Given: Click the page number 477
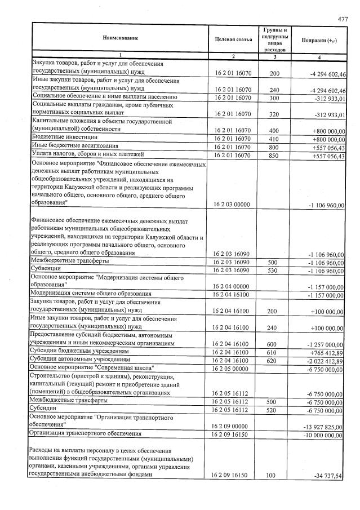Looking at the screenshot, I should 343,19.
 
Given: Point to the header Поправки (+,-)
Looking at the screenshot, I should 319,39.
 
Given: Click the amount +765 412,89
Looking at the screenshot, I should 326,352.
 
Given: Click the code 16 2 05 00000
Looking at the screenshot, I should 232,369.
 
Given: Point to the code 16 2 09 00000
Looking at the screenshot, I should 232,427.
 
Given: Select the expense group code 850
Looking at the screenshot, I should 274,155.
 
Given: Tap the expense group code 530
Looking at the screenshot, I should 274,271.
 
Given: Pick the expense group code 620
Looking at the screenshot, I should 274,360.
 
